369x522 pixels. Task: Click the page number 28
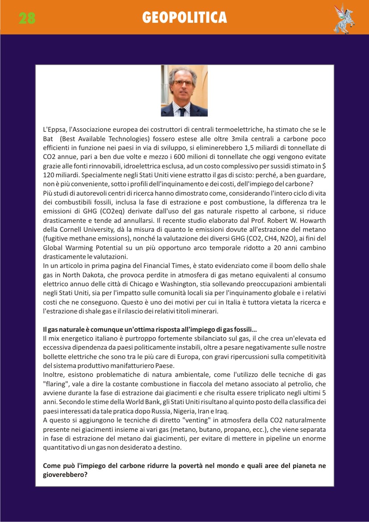click(27, 18)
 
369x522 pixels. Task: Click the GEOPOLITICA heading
click(184, 17)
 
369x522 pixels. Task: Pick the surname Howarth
click(312, 220)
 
